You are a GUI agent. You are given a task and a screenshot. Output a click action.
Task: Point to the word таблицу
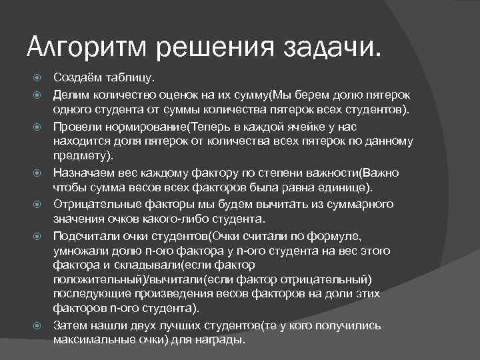pyautogui.click(x=131, y=78)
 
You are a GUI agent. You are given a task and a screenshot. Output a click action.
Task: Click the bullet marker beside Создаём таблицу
pyautogui.click(x=39, y=78)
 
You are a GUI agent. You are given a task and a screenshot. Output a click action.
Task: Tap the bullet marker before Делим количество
pyautogui.click(x=39, y=94)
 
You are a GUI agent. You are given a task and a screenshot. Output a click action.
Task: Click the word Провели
pyautogui.click(x=77, y=126)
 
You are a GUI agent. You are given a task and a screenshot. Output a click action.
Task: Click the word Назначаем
pyautogui.click(x=84, y=173)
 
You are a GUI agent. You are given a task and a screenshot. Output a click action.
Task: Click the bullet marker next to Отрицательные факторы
pyautogui.click(x=39, y=204)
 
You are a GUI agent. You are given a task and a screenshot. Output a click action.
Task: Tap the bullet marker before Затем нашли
pyautogui.click(x=39, y=325)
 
